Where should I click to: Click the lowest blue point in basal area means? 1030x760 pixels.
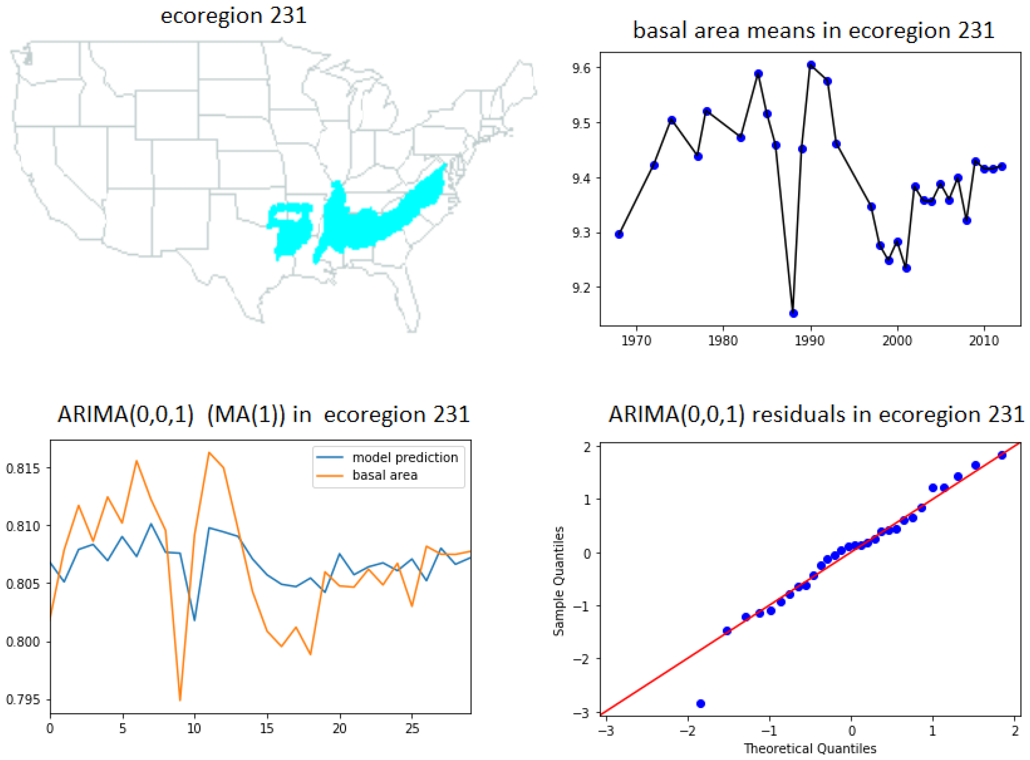click(793, 313)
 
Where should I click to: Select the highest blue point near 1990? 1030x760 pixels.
click(811, 65)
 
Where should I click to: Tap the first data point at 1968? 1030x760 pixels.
click(619, 234)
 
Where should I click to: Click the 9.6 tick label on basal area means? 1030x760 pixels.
click(581, 68)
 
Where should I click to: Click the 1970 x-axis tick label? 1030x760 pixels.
click(636, 341)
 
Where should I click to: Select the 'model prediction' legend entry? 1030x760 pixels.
click(405, 457)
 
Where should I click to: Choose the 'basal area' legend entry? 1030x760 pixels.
click(385, 475)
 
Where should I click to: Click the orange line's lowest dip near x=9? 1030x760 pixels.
click(180, 700)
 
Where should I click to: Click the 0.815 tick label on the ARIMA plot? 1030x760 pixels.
click(23, 468)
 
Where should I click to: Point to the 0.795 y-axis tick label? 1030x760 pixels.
click(23, 700)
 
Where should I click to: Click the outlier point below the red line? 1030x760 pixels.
click(701, 703)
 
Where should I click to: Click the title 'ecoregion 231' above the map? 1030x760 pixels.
click(233, 16)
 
